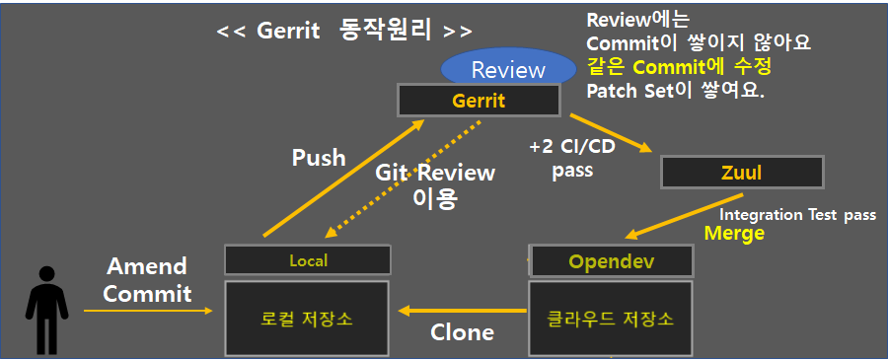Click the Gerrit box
pos(479,101)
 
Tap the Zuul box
pos(742,173)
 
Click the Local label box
pos(308,260)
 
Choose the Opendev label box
pos(611,261)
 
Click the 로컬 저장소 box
pos(308,319)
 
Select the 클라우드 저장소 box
pos(611,319)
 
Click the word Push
pos(318,157)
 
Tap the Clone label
pos(462,332)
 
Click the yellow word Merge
pos(734,234)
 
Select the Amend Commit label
pos(146,280)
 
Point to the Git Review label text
pos(435,184)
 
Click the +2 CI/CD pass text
pos(573,158)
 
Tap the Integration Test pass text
pos(800,214)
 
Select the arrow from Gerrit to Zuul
pos(612,133)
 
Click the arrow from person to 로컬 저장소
pos(148,311)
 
